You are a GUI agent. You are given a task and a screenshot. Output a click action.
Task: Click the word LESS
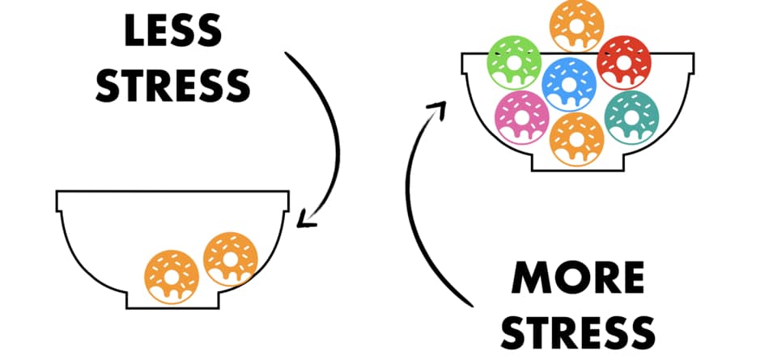point(172,30)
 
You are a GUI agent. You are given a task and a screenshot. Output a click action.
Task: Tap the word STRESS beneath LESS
point(172,86)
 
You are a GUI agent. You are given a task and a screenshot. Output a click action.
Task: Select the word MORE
point(577,277)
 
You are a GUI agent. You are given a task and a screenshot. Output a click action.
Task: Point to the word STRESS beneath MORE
point(577,332)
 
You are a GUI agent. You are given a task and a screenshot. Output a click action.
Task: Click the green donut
point(513,62)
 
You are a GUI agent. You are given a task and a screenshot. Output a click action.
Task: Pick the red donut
point(624,62)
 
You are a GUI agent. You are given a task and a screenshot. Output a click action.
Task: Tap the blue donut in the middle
point(569,84)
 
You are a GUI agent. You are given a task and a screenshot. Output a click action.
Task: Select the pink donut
point(521,117)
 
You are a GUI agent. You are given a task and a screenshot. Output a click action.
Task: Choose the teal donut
point(631,117)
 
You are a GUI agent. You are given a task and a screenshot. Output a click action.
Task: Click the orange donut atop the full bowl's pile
point(576,26)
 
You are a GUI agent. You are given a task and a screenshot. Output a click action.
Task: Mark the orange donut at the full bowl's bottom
point(576,139)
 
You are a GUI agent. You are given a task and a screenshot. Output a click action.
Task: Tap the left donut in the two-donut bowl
point(172,277)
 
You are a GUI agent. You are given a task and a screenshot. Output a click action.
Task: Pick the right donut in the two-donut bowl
point(231,259)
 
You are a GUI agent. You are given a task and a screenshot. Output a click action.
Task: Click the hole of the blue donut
point(569,84)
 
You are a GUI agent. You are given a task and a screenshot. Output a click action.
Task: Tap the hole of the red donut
point(624,61)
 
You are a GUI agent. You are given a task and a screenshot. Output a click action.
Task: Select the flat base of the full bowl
point(578,170)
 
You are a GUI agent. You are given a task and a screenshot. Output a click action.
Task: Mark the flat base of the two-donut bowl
point(172,308)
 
